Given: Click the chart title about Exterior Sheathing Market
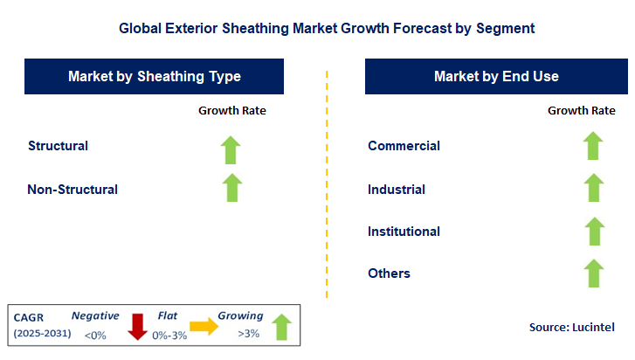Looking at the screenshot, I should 327,28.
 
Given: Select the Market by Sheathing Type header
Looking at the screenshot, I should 155,77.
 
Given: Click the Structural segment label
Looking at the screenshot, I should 58,146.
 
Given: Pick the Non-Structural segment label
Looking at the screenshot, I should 72,189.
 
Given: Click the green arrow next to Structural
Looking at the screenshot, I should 231,149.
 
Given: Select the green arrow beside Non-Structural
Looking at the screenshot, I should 231,187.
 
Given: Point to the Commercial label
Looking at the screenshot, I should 404,146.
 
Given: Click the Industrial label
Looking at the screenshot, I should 397,190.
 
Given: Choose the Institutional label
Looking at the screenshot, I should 404,232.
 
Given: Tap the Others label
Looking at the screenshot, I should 389,273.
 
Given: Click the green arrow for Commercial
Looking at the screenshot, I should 593,147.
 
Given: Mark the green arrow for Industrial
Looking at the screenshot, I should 593,188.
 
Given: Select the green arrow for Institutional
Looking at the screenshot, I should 593,231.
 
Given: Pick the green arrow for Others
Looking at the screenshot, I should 593,273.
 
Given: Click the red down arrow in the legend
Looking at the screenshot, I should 136,325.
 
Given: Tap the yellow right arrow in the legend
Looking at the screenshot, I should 205,326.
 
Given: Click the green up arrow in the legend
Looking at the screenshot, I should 280,326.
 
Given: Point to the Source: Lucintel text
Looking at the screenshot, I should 571,327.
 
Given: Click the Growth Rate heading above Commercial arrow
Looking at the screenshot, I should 581,110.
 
